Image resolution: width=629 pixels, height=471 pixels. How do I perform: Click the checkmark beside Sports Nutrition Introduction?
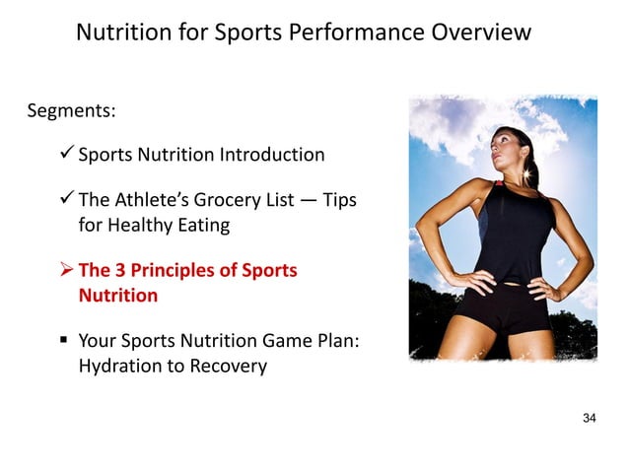(x=66, y=154)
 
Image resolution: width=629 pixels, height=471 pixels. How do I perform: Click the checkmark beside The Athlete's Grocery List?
(x=66, y=200)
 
